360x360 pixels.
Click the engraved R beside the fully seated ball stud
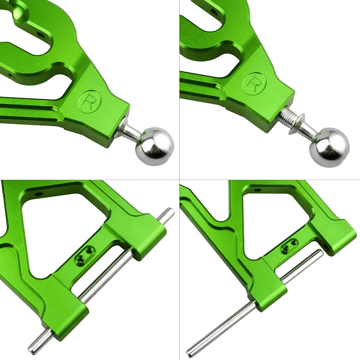pos(89,102)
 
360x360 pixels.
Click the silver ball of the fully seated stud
pos(154,146)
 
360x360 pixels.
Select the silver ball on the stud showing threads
pos(329,147)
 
